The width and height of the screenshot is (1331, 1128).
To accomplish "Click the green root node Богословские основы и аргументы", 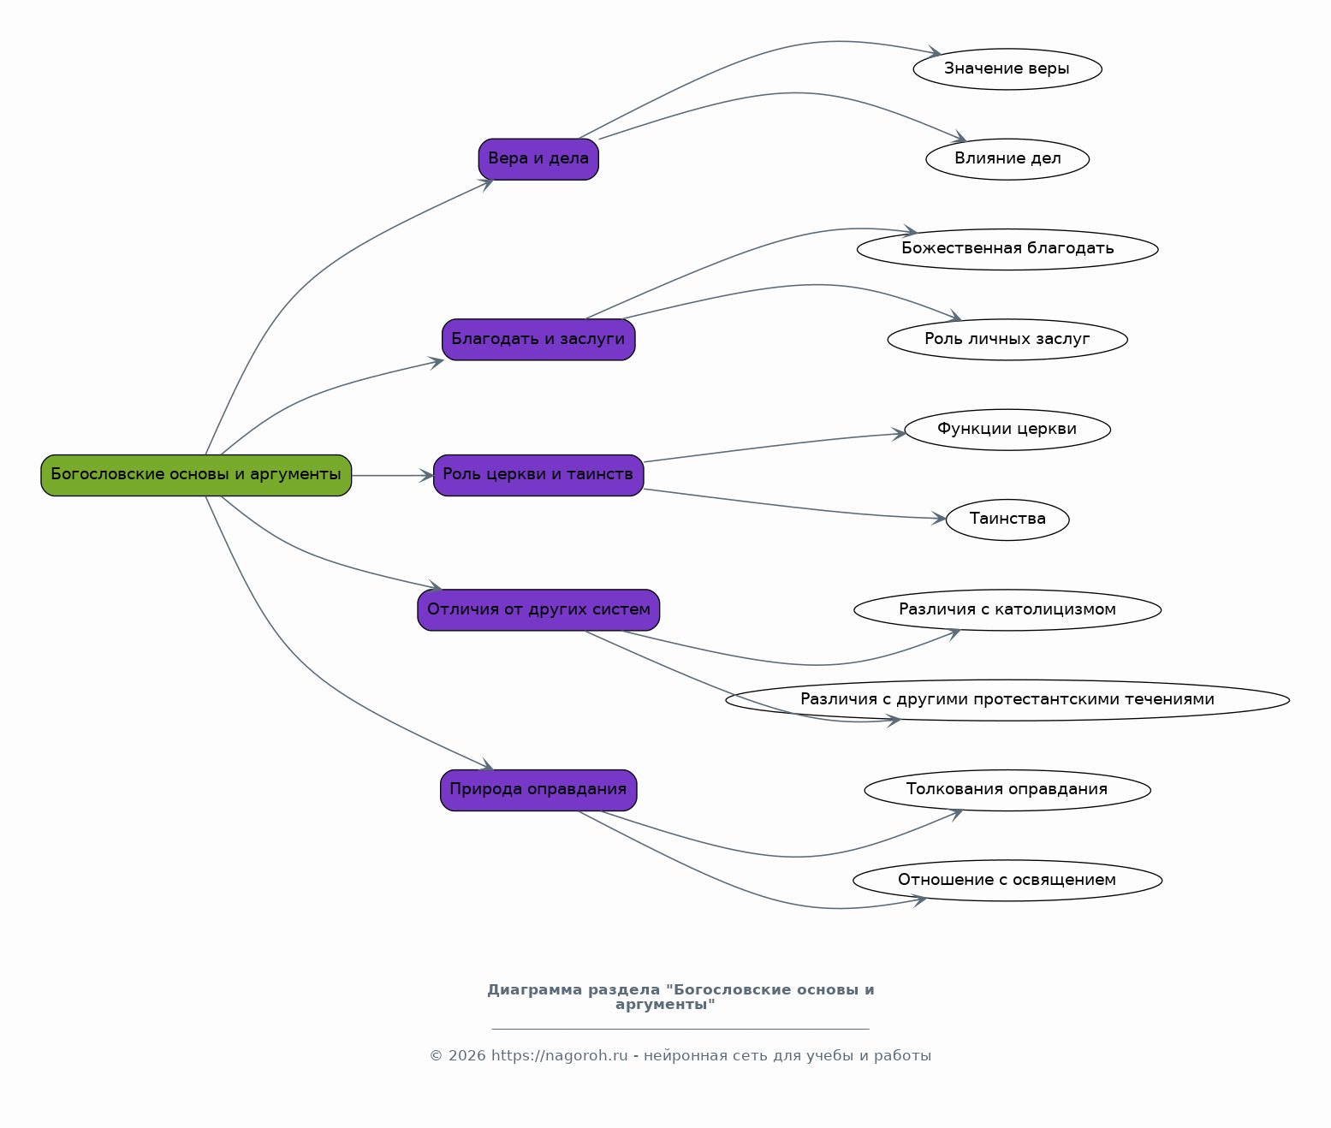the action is (x=196, y=475).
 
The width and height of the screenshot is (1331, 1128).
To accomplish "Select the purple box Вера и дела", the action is (x=538, y=159).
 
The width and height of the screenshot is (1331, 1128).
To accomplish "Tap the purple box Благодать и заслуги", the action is (x=538, y=339).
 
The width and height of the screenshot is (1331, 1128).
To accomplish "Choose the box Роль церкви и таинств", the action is (x=538, y=475).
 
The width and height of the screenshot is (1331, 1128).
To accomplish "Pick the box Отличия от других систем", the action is (x=538, y=609).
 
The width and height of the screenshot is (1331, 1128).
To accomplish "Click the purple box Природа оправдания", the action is (x=538, y=790).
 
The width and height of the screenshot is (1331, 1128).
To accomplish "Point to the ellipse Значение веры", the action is (x=1007, y=68).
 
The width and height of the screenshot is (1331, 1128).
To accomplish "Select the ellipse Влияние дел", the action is (x=1007, y=159).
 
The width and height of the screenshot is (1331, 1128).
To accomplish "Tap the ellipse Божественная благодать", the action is (x=1007, y=249).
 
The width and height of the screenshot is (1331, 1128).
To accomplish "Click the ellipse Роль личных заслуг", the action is (x=1007, y=339).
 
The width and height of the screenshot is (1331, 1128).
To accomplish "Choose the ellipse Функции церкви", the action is (x=1007, y=430).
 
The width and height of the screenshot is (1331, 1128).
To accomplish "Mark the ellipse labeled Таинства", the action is (x=1007, y=519).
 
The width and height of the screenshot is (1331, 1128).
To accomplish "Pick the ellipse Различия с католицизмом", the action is (x=1007, y=609).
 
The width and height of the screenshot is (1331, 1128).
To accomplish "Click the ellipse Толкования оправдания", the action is (x=1007, y=790).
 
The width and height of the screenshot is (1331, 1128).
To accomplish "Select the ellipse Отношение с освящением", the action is (x=1007, y=880).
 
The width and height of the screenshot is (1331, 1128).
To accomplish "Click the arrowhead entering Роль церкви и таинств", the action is (x=427, y=475).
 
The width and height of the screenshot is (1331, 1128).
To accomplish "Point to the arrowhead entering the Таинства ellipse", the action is (x=939, y=519).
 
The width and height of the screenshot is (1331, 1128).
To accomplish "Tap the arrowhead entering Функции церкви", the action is (x=898, y=434).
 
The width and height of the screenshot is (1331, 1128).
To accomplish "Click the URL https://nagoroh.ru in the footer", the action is (x=559, y=1056).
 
